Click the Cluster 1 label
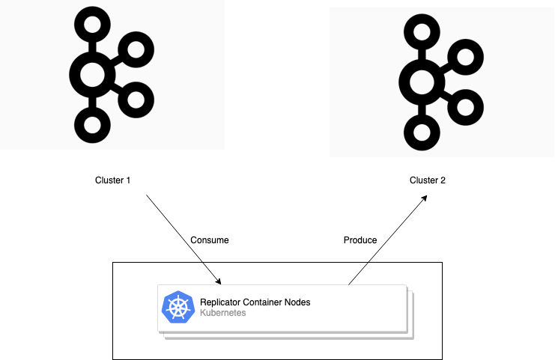[x=113, y=180]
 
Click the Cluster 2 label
[x=428, y=180]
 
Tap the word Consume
[x=210, y=240]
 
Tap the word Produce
[x=360, y=240]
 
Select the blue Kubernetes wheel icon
[x=178, y=308]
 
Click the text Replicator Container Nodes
[x=255, y=302]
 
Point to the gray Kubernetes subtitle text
[x=223, y=314]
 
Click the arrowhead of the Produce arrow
[x=425, y=197]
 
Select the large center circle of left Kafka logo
[x=91, y=73]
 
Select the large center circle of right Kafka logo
[x=421, y=81]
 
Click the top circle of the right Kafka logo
[x=421, y=31]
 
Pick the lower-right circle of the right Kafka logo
[x=466, y=107]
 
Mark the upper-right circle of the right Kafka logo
[x=466, y=58]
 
